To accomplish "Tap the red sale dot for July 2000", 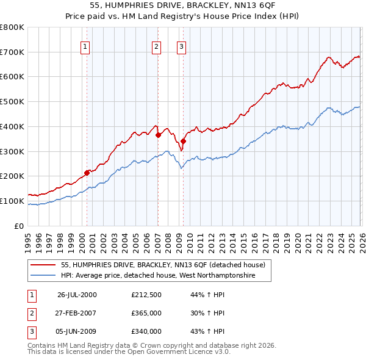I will click(x=87, y=173).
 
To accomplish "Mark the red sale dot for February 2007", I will click(x=158, y=135).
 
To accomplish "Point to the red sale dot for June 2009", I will click(x=183, y=141).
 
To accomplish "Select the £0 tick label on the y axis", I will click(x=20, y=226).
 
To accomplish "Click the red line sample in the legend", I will click(x=43, y=265).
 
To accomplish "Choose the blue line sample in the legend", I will click(x=43, y=276).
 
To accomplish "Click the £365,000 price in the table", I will click(x=146, y=313).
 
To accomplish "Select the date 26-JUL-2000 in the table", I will click(x=77, y=295).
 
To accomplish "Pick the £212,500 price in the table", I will click(x=146, y=295).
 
